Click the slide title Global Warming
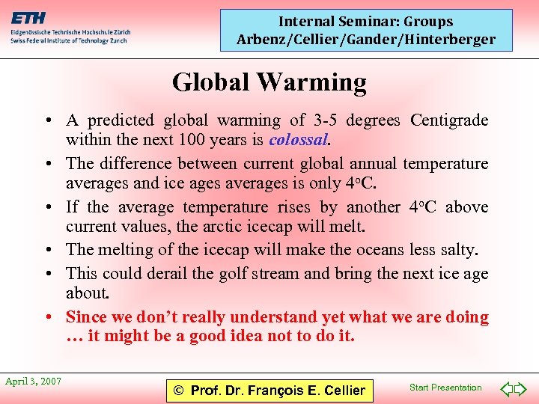[x=269, y=82]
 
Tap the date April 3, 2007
[x=33, y=382]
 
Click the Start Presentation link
[x=445, y=388]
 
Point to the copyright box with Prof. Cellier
[x=269, y=390]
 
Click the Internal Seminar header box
[x=366, y=31]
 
